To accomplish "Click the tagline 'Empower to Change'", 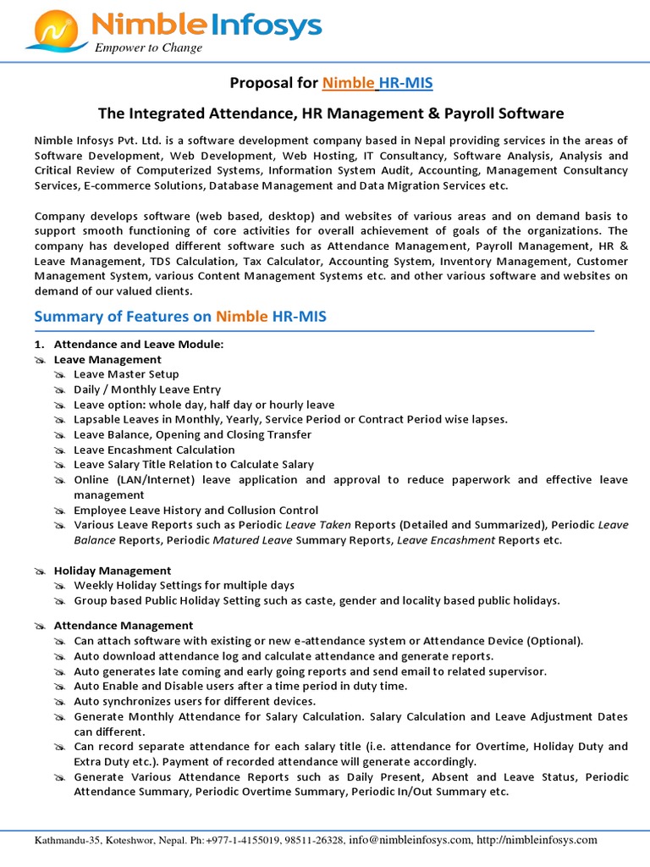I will click(x=148, y=48).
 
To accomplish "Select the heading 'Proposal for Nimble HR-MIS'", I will click(x=331, y=82).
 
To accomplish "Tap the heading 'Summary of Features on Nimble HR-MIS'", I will click(x=179, y=317).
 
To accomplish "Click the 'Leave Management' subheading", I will click(x=107, y=360).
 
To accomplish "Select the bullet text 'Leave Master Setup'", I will click(x=126, y=374).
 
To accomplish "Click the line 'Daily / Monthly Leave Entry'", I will click(x=147, y=389).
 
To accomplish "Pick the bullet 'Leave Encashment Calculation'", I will click(x=154, y=450).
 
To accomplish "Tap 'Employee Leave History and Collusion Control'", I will click(x=196, y=511).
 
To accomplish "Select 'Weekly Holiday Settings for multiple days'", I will click(x=184, y=586).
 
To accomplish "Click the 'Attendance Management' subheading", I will click(x=124, y=626).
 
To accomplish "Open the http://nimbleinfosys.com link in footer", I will click(x=537, y=840).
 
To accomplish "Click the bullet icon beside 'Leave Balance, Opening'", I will click(x=59, y=435).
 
